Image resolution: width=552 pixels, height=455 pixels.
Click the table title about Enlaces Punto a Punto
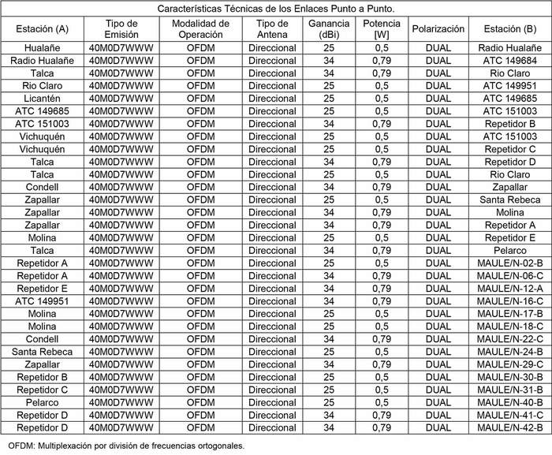(276, 9)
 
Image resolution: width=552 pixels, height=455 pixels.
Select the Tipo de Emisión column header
(121, 29)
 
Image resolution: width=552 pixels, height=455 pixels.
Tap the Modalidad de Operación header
(200, 29)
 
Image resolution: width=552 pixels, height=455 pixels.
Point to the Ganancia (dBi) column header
(329, 29)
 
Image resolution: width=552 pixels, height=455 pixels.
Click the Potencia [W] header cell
(382, 29)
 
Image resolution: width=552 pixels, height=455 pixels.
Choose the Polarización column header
(438, 29)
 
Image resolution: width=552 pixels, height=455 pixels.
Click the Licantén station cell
(42, 99)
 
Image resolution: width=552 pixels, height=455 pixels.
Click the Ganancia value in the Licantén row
(329, 99)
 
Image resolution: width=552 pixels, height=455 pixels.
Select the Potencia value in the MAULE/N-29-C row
(382, 364)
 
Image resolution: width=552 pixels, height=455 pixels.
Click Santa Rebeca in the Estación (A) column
(42, 352)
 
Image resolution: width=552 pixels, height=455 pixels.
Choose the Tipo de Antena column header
(272, 29)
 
